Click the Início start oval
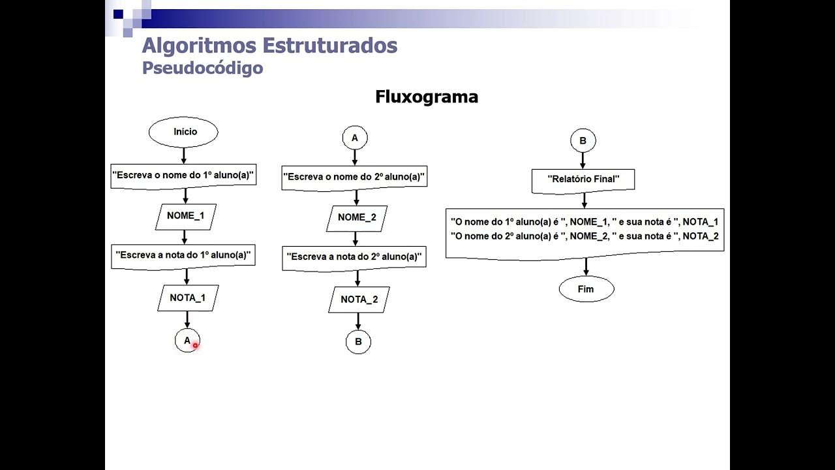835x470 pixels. pos(183,132)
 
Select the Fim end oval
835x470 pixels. pos(586,289)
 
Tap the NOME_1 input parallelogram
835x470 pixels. pos(185,216)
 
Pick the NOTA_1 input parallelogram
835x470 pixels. pos(187,298)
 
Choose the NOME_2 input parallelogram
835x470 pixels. pos(357,218)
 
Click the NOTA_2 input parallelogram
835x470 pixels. pos(359,300)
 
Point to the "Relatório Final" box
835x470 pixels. pos(583,179)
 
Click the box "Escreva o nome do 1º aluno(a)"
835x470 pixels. pos(183,175)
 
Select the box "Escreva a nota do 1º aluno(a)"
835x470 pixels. pos(183,255)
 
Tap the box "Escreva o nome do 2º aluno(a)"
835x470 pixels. pos(354,177)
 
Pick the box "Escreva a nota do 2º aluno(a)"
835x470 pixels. pos(354,257)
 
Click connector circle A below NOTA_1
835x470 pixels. pos(187,340)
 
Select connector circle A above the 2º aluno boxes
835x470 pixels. pos(355,138)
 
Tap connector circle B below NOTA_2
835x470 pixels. pos(358,341)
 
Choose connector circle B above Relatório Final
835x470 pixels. pos(583,140)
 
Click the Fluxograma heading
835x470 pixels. pos(427,97)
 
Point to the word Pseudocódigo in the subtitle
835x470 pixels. pos(202,68)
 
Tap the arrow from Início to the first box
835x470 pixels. pos(183,155)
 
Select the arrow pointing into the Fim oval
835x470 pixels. pos(586,267)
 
